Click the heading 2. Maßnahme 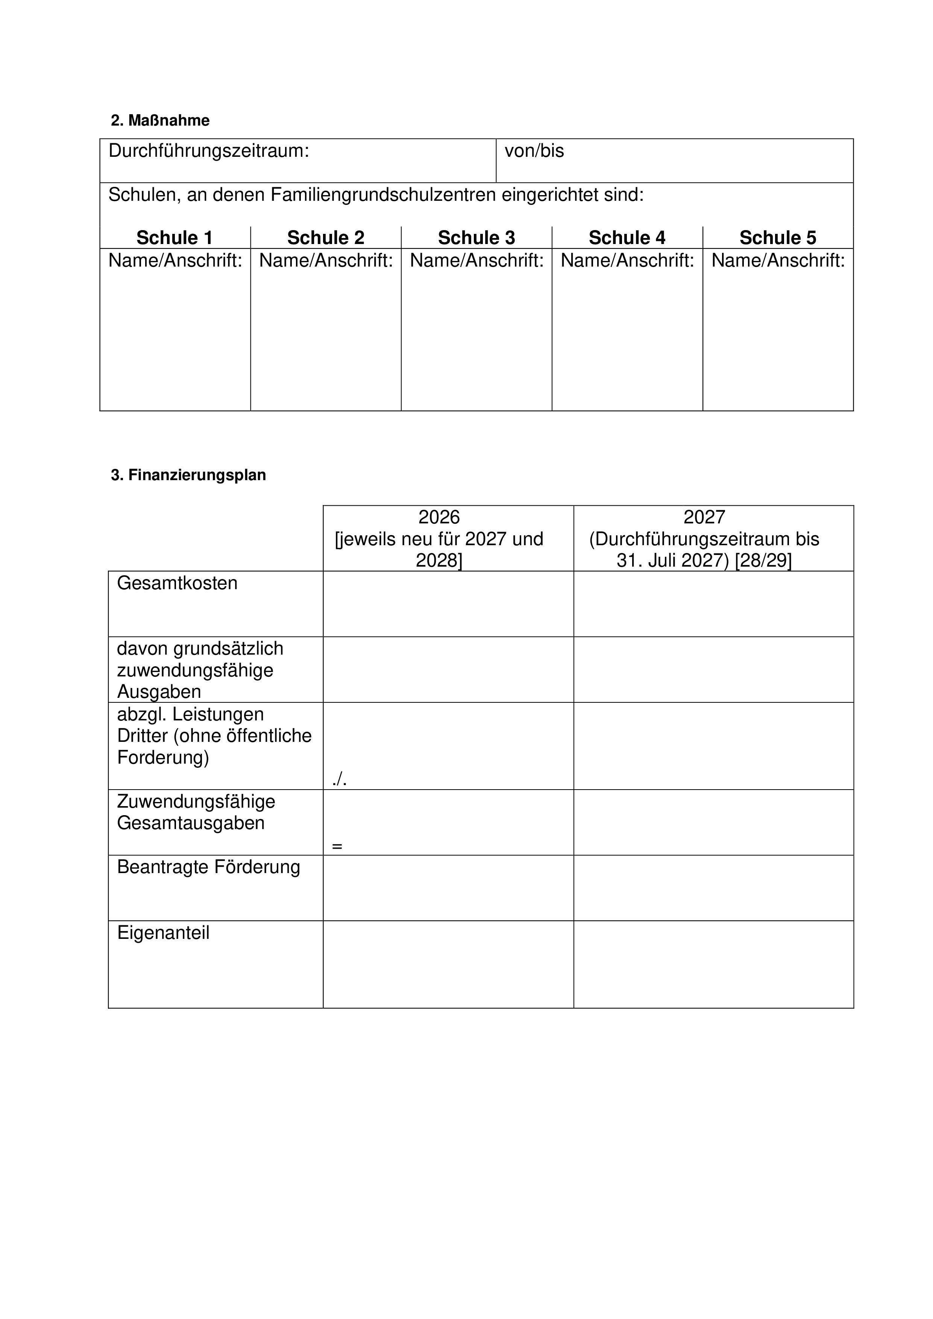(160, 121)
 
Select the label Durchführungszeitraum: (209, 151)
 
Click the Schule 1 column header (174, 238)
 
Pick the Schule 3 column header (476, 238)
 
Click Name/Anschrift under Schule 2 (326, 261)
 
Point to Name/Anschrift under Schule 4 (627, 261)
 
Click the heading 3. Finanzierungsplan (188, 475)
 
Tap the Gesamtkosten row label (177, 583)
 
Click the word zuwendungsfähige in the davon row (195, 670)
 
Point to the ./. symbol (339, 779)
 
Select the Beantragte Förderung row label (209, 867)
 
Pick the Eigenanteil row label (163, 933)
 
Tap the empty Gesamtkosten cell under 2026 (448, 604)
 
